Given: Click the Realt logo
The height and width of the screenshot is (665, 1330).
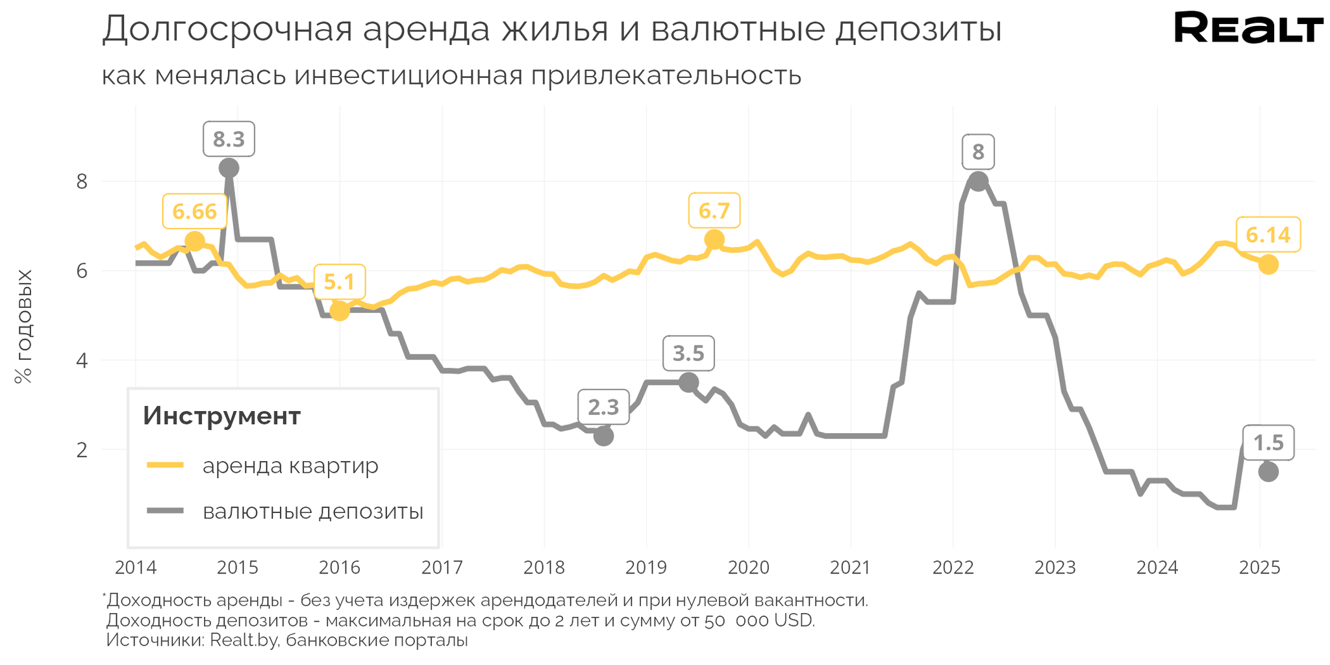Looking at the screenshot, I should point(1248,29).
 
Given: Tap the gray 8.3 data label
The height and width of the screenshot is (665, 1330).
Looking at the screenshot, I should point(229,139).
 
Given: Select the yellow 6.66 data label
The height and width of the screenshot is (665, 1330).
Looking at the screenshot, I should point(194,211).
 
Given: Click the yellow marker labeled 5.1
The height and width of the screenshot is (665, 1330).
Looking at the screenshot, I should point(339,310).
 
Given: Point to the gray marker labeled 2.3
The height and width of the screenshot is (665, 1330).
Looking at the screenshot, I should point(603,436).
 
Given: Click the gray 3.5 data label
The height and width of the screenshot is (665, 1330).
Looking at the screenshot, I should point(688,353).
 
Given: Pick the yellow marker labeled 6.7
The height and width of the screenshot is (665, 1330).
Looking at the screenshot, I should point(714,240).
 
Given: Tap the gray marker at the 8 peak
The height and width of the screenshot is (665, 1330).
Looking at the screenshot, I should point(978,181).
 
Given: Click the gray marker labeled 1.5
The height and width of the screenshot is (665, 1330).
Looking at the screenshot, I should point(1268,471).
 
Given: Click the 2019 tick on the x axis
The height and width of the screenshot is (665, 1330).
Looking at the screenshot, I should point(646,568).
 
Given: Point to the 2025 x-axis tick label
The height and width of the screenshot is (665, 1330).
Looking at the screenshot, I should point(1259,568).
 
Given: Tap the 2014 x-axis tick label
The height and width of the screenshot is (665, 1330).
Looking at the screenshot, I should point(135,568).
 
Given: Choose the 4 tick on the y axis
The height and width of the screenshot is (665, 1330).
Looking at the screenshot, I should point(82,360).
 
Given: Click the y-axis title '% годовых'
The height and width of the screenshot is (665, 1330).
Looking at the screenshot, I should point(23,327).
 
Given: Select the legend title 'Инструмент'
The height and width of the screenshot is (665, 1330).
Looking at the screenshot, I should point(221,416).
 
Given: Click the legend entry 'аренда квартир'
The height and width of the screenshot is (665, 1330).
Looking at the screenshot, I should point(290,466).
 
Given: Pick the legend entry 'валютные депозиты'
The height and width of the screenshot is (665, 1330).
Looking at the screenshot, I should point(312,511).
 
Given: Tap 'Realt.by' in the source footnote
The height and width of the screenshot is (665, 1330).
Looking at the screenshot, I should point(244,640).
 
